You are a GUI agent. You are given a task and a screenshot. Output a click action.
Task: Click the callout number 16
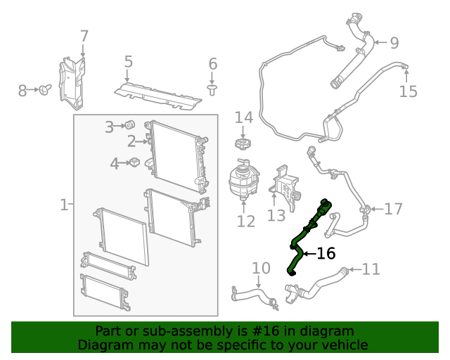tap(326, 254)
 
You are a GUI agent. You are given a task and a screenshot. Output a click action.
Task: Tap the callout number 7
tap(84, 36)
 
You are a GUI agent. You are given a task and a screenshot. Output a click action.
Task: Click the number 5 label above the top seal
tap(128, 62)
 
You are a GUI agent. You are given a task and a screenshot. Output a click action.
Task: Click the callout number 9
tap(394, 43)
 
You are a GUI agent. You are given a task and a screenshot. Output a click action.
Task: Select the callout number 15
tap(408, 91)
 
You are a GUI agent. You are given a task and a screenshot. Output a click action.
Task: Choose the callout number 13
tap(276, 214)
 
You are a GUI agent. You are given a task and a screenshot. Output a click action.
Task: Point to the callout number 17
tap(393, 209)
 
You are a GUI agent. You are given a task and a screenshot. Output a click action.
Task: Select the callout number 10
tap(260, 268)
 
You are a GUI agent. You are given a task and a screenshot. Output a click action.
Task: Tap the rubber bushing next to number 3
tap(130, 124)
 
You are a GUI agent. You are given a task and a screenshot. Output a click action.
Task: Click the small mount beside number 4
tap(133, 164)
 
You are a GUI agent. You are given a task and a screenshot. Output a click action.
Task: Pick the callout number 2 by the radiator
tap(131, 142)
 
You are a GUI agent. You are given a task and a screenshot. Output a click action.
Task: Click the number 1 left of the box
tap(63, 205)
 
